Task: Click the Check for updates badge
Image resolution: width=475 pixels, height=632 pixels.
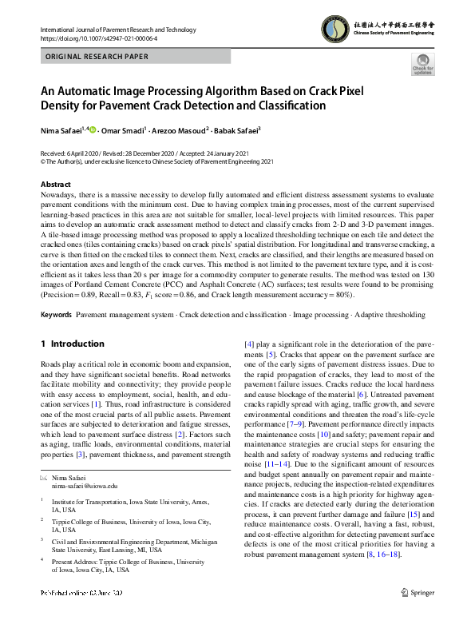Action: [422, 65]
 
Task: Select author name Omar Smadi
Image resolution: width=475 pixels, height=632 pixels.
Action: [123, 129]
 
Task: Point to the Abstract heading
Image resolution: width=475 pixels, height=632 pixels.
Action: [55, 184]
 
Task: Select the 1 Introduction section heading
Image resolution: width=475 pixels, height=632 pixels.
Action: [72, 344]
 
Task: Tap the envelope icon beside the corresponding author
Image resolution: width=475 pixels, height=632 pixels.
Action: [44, 476]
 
